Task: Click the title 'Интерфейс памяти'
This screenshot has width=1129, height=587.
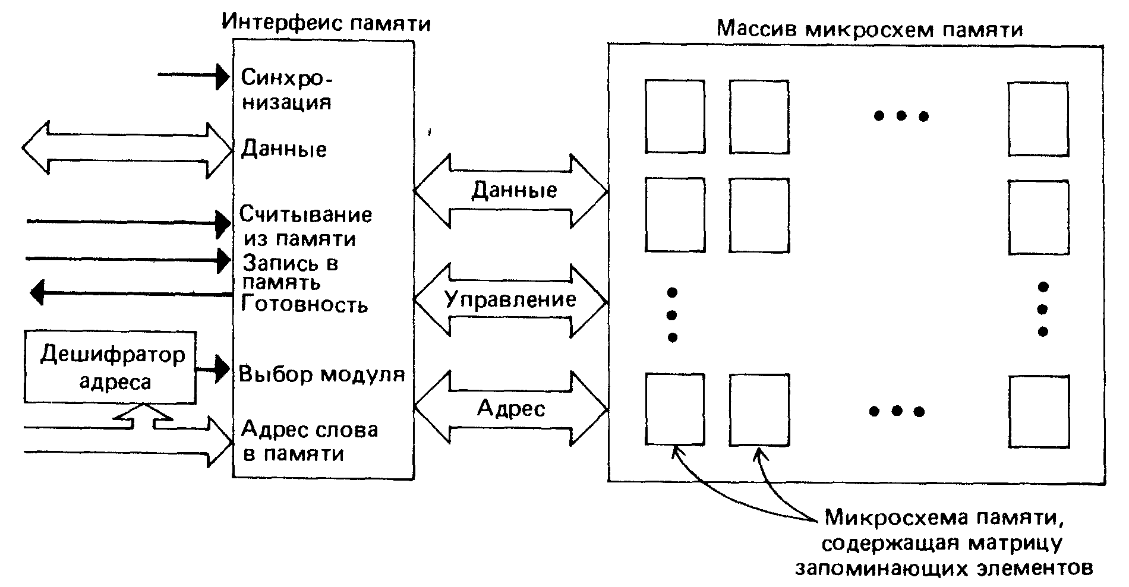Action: click(x=326, y=23)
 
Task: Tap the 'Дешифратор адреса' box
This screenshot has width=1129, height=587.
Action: click(x=111, y=368)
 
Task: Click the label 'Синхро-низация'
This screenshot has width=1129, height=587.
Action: click(x=286, y=89)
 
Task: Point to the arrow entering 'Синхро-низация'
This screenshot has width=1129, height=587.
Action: click(x=194, y=75)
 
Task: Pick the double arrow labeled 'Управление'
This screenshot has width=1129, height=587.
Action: click(x=510, y=301)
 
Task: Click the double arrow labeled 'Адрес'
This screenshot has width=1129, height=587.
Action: click(x=510, y=409)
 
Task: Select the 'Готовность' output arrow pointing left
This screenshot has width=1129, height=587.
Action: click(x=131, y=292)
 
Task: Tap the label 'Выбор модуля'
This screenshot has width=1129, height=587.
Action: click(x=322, y=374)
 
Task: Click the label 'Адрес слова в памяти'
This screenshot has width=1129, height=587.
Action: click(x=310, y=441)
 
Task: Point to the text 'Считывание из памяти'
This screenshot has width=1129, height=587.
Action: click(x=305, y=226)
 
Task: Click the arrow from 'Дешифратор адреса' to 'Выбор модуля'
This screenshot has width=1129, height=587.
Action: click(x=213, y=369)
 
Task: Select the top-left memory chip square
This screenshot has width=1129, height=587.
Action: click(x=674, y=116)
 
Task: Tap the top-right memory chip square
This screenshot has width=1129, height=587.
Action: click(x=1037, y=119)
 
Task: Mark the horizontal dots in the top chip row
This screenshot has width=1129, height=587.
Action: click(x=901, y=116)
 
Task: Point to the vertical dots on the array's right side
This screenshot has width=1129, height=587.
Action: click(x=1042, y=310)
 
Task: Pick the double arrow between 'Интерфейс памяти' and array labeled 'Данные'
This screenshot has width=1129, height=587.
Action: click(x=510, y=191)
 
